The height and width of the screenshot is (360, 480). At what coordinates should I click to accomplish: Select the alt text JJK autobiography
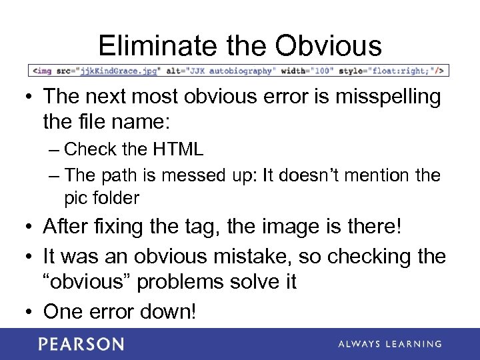(228, 70)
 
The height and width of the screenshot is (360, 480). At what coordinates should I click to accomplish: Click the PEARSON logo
(81, 344)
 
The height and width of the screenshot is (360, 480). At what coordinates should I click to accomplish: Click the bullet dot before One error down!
(29, 311)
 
